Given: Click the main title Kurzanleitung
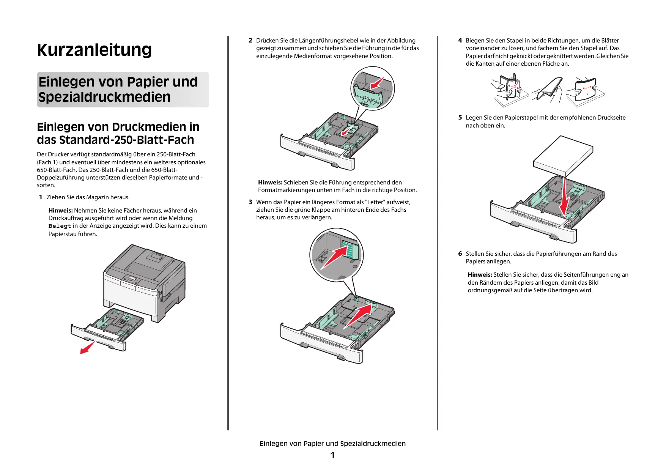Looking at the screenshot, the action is pyautogui.click(x=94, y=50).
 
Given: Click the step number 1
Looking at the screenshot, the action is pyautogui.click(x=41, y=197).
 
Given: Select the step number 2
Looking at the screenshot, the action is pyautogui.click(x=250, y=41).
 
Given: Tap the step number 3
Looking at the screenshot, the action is pyautogui.click(x=250, y=202).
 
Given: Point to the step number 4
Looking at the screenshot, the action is pyautogui.click(x=460, y=41).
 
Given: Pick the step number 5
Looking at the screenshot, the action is pyautogui.click(x=460, y=118).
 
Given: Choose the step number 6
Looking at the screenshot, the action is pyautogui.click(x=460, y=254).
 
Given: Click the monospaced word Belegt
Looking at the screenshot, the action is pyautogui.click(x=60, y=226).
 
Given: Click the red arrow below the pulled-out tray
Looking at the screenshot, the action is pyautogui.click(x=88, y=347).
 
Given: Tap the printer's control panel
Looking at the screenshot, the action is pyautogui.click(x=131, y=280).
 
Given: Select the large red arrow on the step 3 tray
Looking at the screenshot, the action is pyautogui.click(x=359, y=315).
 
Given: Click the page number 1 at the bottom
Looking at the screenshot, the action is pyautogui.click(x=332, y=455).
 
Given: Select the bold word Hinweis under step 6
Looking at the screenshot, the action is pyautogui.click(x=480, y=275).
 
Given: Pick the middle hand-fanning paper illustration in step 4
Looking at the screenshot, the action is pyautogui.click(x=547, y=91).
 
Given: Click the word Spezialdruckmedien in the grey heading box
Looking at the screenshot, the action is pyautogui.click(x=104, y=97).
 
